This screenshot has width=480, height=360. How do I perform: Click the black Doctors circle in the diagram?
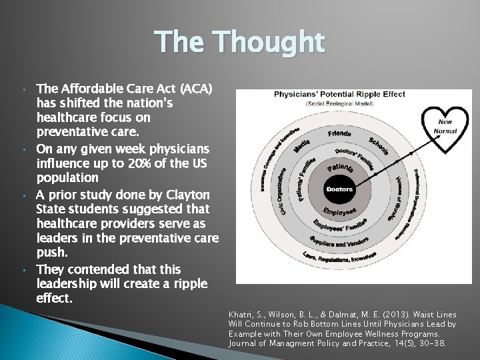click(339, 189)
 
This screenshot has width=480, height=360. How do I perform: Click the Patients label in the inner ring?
click(340, 168)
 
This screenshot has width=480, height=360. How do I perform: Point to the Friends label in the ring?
click(339, 133)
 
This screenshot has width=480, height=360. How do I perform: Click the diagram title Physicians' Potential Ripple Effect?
click(340, 94)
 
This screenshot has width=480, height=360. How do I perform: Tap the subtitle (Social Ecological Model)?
click(340, 104)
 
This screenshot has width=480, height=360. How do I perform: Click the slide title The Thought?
click(241, 43)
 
